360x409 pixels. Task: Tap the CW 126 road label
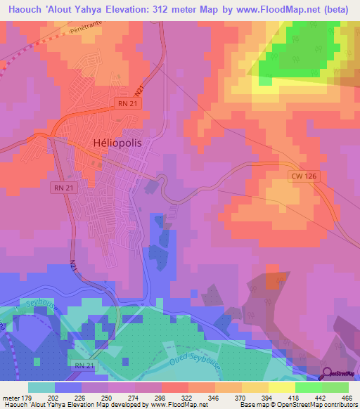click(303, 178)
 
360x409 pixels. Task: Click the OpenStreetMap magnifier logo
click(328, 372)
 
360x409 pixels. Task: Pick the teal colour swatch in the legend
click(41, 387)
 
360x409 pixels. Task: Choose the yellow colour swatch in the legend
click(282, 387)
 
